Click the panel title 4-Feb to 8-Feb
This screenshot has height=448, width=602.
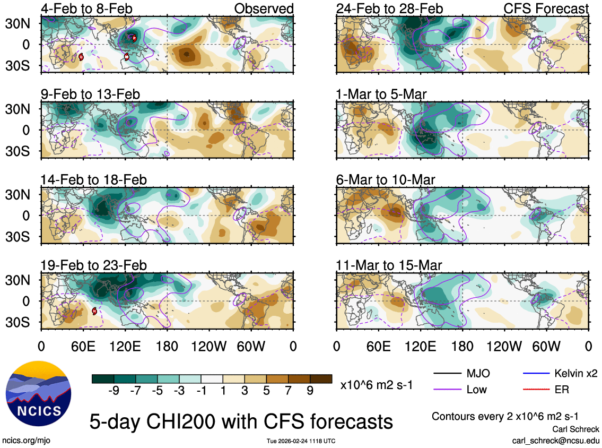pos(86,8)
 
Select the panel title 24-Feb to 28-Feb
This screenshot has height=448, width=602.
pos(389,8)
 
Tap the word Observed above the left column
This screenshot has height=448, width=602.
pos(264,8)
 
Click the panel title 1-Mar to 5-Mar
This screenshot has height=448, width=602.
pos(381,94)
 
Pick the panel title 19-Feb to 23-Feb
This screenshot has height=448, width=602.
pos(93,265)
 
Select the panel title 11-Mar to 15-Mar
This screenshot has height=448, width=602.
pos(389,265)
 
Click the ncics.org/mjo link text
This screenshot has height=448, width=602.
pos(27,440)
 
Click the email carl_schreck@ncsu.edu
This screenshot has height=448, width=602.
pos(555,441)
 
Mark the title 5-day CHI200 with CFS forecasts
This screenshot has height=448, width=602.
pos(241,421)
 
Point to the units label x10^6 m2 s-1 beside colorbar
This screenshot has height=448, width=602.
pos(377,385)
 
